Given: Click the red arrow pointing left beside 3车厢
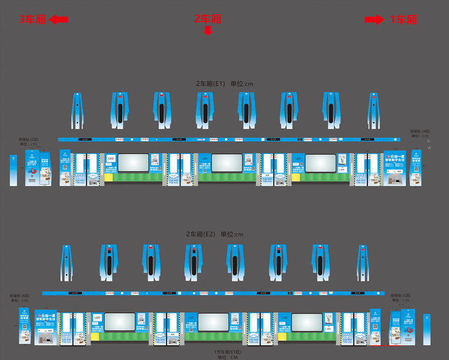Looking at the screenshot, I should click(x=58, y=20).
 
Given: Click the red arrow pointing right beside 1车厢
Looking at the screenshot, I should click(x=374, y=20).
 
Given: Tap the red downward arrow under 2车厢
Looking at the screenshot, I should click(x=208, y=31).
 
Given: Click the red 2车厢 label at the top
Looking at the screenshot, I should click(x=207, y=19).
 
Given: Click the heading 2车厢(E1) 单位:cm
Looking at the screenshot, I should click(x=224, y=83).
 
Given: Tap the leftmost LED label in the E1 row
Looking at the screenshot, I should click(x=110, y=158).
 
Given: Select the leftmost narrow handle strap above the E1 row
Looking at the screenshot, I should click(x=77, y=110).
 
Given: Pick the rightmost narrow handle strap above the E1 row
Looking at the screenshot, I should click(x=373, y=110).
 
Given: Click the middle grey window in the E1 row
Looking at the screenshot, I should click(x=227, y=163).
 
